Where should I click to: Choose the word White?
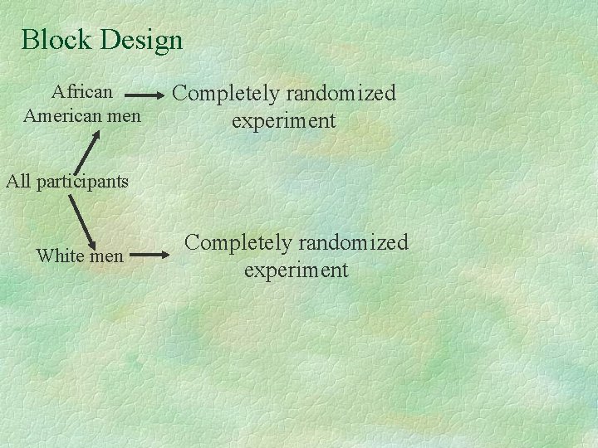[61, 256]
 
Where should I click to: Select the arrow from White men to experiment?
[149, 256]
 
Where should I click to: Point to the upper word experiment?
[283, 121]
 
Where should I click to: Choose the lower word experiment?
[296, 270]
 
